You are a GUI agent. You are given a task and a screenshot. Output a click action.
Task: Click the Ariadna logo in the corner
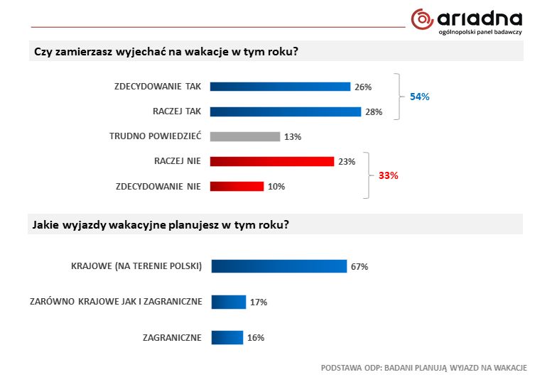[467, 21]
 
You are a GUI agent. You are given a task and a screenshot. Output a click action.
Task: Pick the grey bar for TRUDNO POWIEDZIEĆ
[245, 136]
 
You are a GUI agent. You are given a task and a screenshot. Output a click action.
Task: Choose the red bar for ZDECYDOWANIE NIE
[237, 186]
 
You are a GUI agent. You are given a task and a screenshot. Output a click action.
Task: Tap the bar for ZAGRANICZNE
[227, 337]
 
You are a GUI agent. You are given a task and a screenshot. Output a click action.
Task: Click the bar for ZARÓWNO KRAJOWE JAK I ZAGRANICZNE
[228, 302]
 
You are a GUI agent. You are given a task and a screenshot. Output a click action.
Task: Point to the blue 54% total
[420, 97]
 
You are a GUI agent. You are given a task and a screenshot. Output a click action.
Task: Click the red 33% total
[388, 175]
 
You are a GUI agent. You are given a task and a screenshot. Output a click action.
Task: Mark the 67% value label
[359, 267]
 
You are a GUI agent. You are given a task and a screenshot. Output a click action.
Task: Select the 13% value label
[293, 137]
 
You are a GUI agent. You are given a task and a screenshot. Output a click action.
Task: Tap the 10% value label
[276, 187]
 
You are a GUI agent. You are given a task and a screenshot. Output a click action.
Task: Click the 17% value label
[258, 302]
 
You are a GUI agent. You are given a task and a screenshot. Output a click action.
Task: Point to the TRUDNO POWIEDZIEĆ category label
[155, 136]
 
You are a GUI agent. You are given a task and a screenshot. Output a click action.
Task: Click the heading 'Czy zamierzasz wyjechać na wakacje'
[166, 53]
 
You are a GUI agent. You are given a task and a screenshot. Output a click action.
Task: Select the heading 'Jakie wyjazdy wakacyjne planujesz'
[161, 224]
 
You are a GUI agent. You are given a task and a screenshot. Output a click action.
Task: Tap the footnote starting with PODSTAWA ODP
[423, 367]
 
